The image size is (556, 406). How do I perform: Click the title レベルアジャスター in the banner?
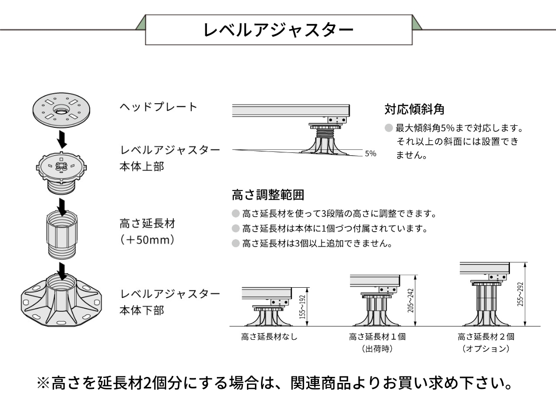(x=279, y=30)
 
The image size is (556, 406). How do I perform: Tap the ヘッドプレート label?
(x=158, y=107)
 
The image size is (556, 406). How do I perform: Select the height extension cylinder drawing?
(x=62, y=234)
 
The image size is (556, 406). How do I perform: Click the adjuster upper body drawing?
(x=62, y=172)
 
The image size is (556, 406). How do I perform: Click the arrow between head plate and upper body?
(x=62, y=140)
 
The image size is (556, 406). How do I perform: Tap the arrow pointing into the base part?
(x=62, y=271)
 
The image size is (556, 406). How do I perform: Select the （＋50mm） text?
(x=147, y=240)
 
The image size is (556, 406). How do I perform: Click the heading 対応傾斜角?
(x=414, y=109)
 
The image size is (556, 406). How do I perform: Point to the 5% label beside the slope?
(x=370, y=153)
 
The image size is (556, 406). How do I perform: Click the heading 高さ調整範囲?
(x=268, y=195)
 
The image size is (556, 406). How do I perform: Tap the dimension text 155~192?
(x=303, y=307)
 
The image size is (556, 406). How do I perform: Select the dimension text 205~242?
(x=411, y=300)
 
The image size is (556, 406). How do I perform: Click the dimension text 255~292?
(x=520, y=294)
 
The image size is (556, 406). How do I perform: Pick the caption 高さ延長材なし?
(x=269, y=336)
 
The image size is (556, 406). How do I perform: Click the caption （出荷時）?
(x=377, y=349)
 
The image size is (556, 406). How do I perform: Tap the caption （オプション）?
(x=486, y=349)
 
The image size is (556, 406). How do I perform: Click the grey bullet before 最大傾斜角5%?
(x=389, y=128)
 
